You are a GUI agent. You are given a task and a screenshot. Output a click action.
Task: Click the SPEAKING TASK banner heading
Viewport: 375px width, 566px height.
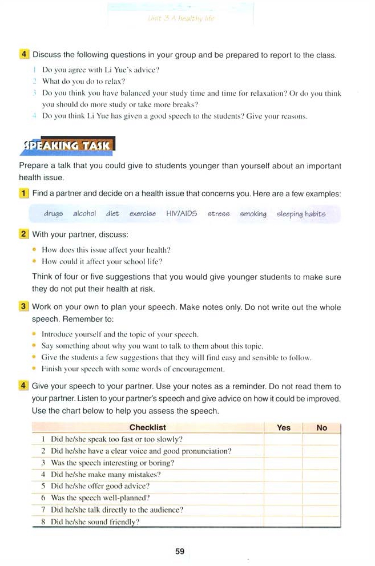(67, 146)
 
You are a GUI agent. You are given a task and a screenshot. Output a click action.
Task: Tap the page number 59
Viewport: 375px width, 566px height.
(180, 551)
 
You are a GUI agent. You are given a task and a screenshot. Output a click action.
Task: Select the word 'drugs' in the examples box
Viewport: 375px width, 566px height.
(53, 214)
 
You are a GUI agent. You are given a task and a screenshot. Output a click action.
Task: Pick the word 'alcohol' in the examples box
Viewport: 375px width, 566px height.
(84, 214)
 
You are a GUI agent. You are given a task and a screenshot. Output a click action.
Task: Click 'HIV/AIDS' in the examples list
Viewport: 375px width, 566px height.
(182, 214)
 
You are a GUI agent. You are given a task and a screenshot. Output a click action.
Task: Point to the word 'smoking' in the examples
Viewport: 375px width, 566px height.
(253, 214)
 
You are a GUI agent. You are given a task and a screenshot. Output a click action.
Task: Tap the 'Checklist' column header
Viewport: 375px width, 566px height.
(148, 427)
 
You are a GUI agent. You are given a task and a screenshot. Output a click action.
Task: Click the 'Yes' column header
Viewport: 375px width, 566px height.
(283, 427)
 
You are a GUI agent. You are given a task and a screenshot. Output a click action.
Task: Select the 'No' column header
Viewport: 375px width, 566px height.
(321, 427)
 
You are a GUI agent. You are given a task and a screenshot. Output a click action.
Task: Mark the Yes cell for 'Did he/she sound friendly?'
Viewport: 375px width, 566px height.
(283, 521)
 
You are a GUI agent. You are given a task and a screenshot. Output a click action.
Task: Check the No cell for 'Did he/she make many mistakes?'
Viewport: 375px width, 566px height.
(321, 474)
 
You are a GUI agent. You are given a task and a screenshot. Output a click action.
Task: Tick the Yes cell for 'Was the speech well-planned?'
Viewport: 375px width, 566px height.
(283, 498)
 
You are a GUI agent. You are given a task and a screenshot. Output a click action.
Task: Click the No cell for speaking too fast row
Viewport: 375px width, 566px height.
(321, 439)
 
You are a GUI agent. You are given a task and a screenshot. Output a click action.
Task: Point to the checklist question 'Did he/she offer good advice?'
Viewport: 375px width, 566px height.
(100, 486)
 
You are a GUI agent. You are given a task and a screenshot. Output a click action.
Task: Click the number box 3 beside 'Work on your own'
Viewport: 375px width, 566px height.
(23, 307)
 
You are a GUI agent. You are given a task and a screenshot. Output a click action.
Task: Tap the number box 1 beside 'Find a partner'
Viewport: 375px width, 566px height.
(23, 193)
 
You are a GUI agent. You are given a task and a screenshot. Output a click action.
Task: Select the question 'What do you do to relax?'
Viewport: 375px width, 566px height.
(83, 82)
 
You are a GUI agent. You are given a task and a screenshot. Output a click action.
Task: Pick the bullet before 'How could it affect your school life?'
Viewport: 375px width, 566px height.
(35, 261)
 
